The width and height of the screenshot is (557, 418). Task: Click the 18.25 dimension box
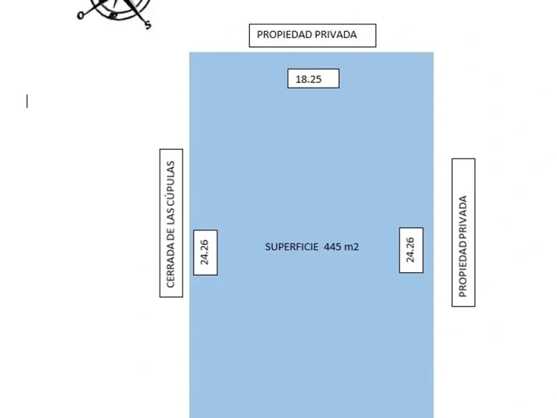[313, 78]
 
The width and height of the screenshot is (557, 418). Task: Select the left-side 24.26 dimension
[205, 252]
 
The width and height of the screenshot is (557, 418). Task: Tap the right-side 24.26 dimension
[410, 249]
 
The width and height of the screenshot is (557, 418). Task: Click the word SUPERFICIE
[292, 247]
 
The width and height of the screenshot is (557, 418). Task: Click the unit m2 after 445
[351, 247]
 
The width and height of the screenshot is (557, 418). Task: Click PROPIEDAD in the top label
[282, 35]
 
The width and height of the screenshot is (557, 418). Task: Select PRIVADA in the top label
[334, 35]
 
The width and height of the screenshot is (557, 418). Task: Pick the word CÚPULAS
[171, 181]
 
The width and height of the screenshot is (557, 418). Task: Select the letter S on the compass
[147, 25]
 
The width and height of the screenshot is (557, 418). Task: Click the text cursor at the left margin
[27, 101]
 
